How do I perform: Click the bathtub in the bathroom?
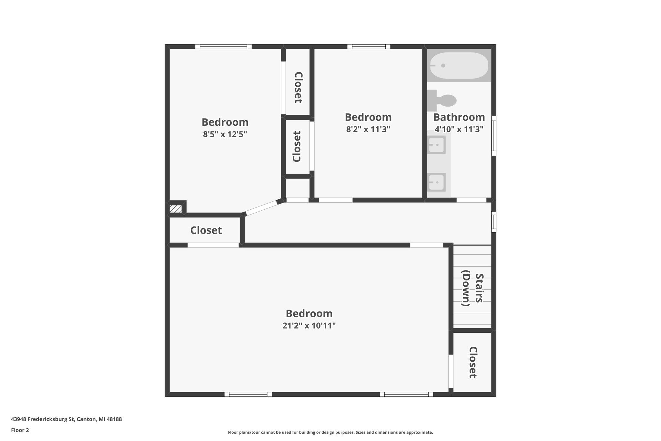click(459, 66)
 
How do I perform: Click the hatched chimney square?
click(176, 209)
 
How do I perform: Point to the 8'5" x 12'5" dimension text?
click(225, 134)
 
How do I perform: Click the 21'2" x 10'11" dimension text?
click(309, 325)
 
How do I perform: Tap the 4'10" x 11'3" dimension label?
click(459, 129)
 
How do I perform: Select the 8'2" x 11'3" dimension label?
click(368, 129)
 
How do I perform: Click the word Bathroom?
click(459, 117)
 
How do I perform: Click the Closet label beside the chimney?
click(206, 230)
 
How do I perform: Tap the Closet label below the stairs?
click(473, 362)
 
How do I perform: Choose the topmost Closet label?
click(298, 87)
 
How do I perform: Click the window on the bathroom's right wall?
click(493, 136)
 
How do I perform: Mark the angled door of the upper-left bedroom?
click(261, 208)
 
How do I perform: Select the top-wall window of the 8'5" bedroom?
click(223, 47)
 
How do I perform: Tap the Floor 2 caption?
click(20, 430)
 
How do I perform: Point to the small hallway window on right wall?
click(493, 222)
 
